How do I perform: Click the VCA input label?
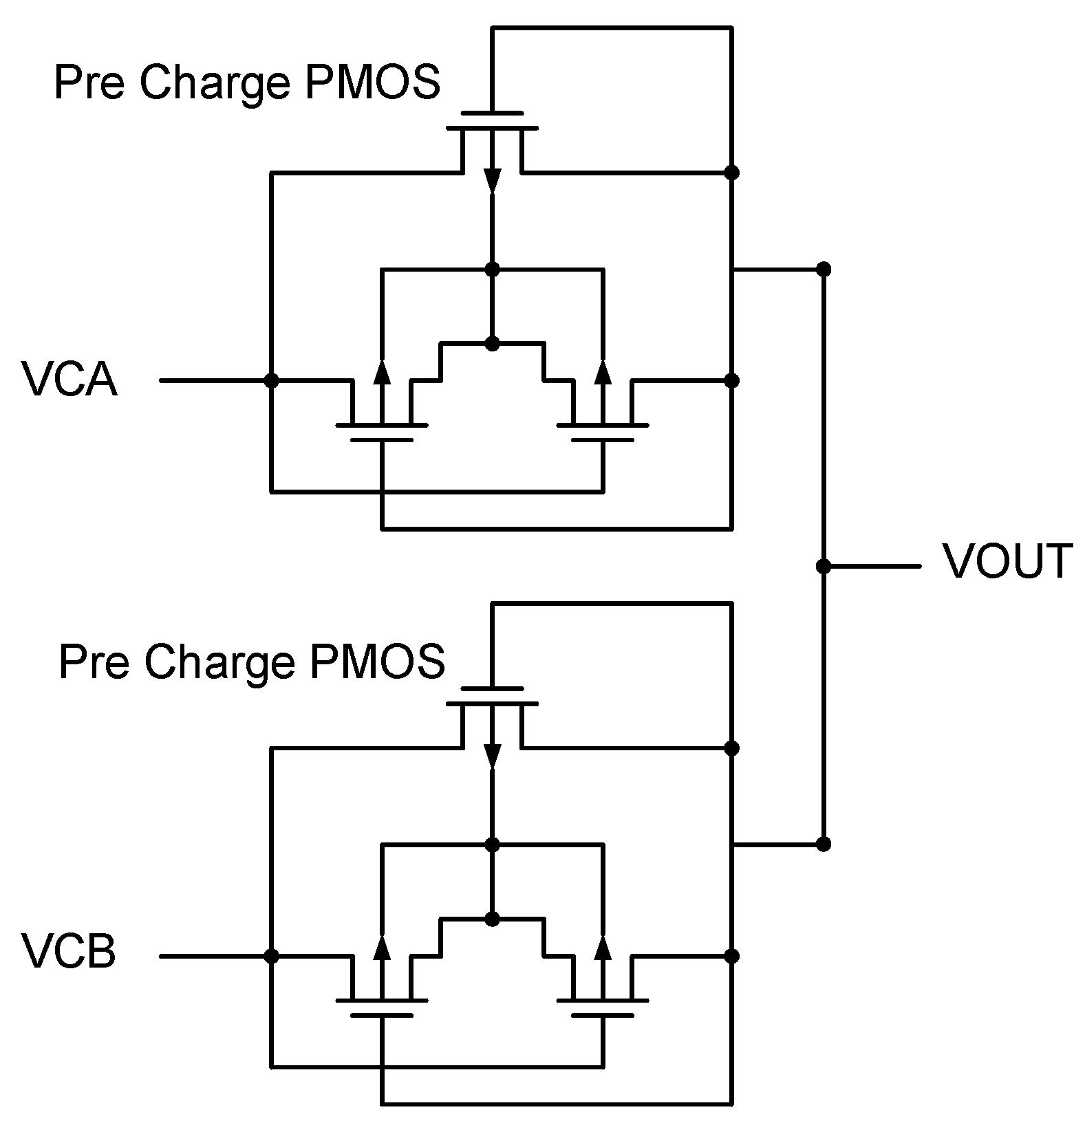[69, 379]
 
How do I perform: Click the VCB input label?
[69, 952]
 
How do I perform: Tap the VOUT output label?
[1007, 561]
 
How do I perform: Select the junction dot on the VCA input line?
[272, 380]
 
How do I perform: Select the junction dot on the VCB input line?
[272, 956]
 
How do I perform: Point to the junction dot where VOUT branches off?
[823, 567]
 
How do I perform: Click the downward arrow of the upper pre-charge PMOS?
[492, 180]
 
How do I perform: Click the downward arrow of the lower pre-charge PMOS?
[492, 755]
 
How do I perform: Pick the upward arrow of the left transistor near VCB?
[383, 947]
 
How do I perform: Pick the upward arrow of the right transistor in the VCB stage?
[603, 947]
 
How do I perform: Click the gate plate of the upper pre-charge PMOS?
[492, 112]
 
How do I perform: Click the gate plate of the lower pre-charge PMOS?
[492, 688]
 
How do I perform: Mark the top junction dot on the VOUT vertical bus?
[823, 268]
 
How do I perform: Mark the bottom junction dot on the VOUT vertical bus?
[823, 844]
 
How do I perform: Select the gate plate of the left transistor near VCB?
[383, 1014]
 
